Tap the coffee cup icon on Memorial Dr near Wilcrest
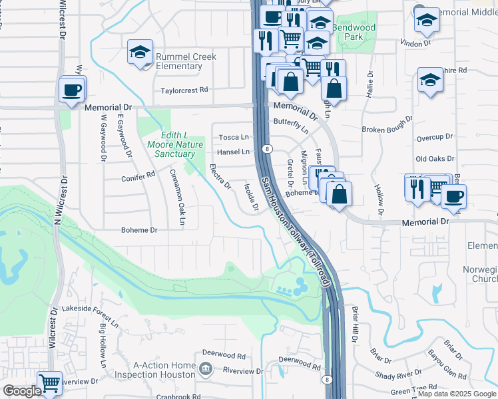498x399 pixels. point(71,89)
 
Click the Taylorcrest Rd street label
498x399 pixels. point(184,90)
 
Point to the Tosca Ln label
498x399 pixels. point(234,137)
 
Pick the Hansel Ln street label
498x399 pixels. point(234,152)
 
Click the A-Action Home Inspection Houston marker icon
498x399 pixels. point(206,368)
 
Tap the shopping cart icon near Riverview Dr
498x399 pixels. point(50,383)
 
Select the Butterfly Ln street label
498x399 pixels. point(292,124)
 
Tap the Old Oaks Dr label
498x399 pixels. point(435,159)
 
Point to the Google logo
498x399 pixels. point(22,391)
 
